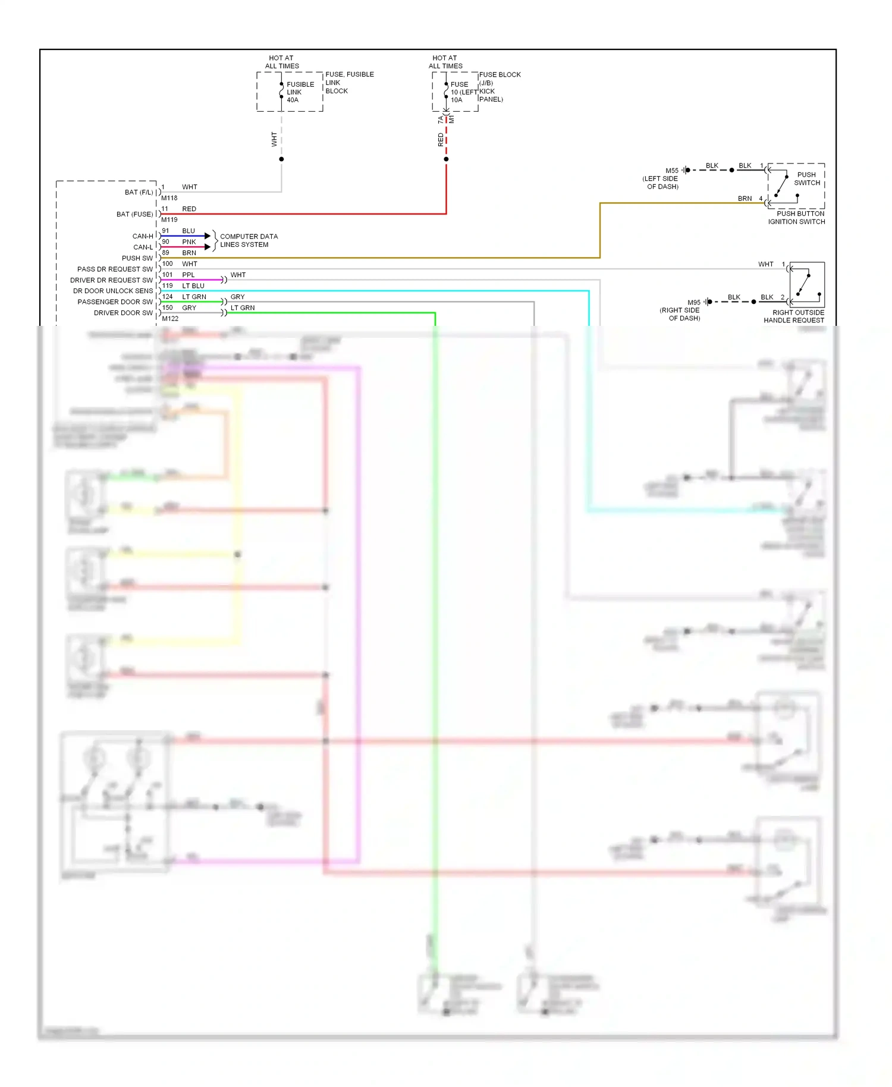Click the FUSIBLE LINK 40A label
pos(300,92)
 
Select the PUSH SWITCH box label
pos(806,179)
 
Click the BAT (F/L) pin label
pos(139,192)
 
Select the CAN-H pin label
pos(143,236)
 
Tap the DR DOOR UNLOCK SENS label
pos(113,291)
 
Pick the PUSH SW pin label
pos(137,258)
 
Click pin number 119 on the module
pos(168,285)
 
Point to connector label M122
pos(170,319)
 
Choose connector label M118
pos(169,198)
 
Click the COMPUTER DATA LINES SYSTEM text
pos(249,240)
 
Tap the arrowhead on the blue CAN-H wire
pos(208,236)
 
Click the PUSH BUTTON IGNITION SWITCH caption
pos(796,218)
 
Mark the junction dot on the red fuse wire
pos(446,159)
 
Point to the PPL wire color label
pos(189,275)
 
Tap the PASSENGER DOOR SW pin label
pos(115,302)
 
